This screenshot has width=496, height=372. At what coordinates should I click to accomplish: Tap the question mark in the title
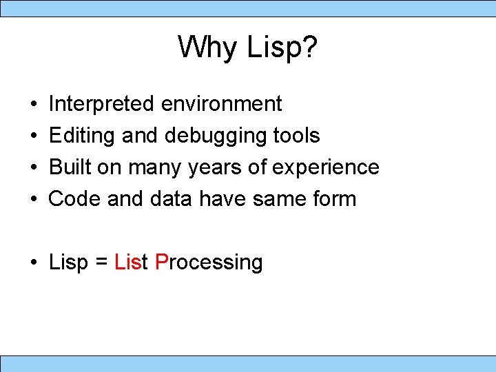(x=309, y=48)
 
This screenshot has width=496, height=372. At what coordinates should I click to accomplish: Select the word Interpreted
(x=101, y=104)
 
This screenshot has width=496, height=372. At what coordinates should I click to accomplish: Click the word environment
(x=221, y=104)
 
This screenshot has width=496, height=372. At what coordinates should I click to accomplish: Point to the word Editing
(x=82, y=136)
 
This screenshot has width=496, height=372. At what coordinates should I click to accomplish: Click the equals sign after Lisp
(x=101, y=262)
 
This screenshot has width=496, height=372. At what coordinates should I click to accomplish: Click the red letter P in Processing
(x=162, y=262)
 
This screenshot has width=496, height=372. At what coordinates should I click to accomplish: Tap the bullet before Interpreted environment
(x=34, y=105)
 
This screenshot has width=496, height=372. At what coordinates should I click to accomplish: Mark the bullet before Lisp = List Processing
(x=34, y=263)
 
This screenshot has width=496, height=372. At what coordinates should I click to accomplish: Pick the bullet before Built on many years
(x=34, y=168)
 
